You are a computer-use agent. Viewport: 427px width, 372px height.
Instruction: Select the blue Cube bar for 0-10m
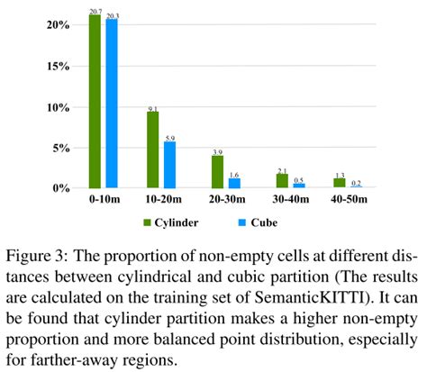coord(111,103)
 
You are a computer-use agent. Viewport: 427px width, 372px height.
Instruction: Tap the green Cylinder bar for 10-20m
coord(152,150)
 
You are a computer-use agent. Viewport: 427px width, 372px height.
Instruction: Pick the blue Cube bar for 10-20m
coord(169,164)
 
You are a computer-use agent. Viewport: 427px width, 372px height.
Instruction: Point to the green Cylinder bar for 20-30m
coord(217,171)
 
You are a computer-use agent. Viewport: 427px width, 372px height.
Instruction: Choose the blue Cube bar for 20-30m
coord(234,182)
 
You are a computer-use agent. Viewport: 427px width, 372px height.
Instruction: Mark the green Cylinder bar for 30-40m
coord(282,179)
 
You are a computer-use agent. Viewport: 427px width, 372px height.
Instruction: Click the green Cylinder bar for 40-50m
coord(340,182)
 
